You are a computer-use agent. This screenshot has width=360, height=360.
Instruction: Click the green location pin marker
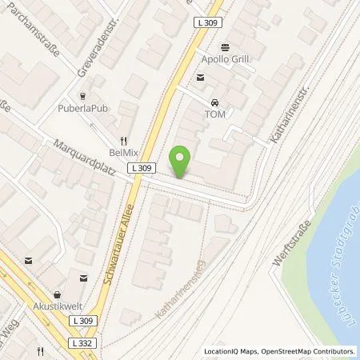182,160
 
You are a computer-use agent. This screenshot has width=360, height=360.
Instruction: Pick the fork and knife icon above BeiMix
123,138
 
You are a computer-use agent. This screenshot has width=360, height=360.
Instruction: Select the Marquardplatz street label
91,158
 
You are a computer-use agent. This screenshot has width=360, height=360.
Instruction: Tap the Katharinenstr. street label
290,113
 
